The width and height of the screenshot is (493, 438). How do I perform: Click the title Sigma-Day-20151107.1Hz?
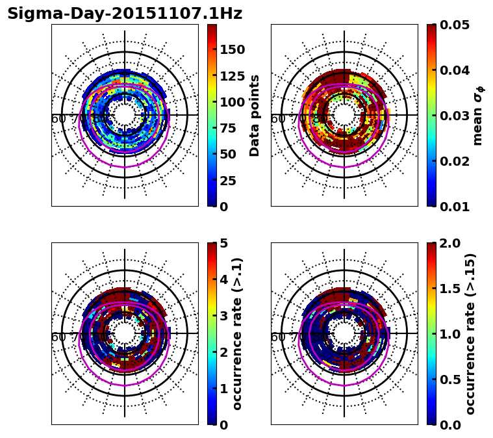(x=125, y=14)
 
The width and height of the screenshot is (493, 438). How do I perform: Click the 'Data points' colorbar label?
(x=255, y=115)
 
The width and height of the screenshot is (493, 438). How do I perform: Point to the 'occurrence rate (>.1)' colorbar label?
(x=237, y=333)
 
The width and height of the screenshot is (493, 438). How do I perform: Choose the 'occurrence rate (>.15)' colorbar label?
(x=470, y=333)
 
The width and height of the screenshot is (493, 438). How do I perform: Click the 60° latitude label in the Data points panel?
(x=58, y=118)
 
